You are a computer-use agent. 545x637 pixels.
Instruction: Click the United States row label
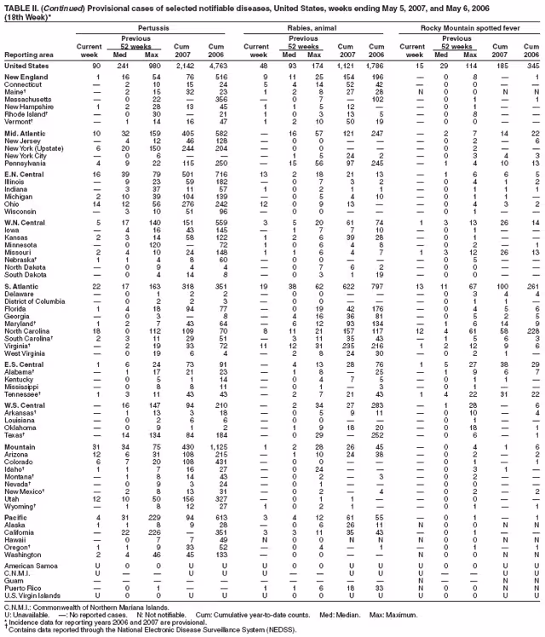point(26,65)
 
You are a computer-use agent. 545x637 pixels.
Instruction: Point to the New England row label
point(27,77)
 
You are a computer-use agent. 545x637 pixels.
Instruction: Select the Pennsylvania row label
point(29,162)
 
